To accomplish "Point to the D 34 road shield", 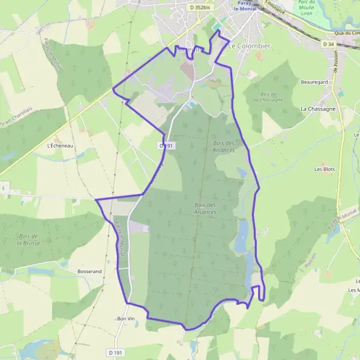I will click(x=328, y=44).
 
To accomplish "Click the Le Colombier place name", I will click(x=249, y=46).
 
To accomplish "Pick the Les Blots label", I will click(x=325, y=169).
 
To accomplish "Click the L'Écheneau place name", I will click(x=59, y=145).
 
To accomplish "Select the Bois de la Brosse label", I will click(x=28, y=239).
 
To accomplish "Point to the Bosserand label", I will click(x=89, y=271).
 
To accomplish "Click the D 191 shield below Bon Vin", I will click(x=116, y=352).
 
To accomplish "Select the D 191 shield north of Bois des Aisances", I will click(x=166, y=145).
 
